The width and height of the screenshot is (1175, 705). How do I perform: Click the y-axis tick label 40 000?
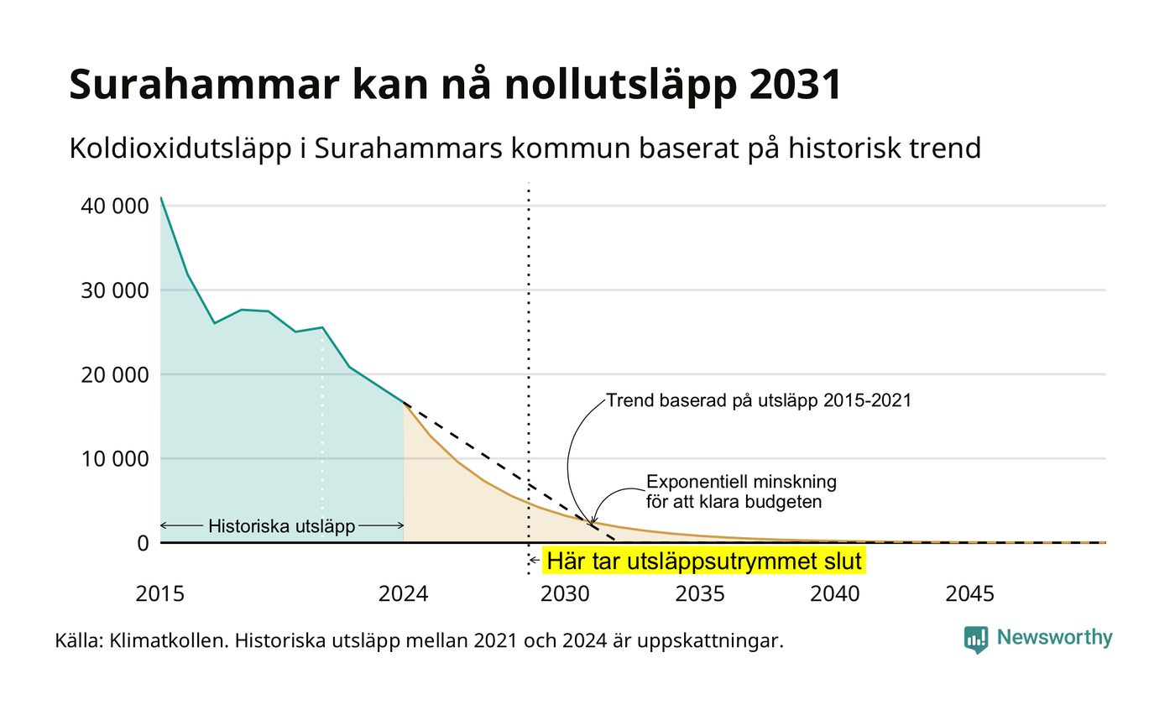click(x=115, y=206)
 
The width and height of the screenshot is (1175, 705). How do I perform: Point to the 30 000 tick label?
click(x=115, y=290)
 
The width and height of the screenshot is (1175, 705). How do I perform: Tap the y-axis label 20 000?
click(x=115, y=375)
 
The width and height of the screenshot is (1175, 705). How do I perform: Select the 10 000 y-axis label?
click(x=115, y=459)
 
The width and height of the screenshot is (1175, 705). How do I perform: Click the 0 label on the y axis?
click(x=144, y=544)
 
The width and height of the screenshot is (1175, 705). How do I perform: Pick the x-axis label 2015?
click(x=160, y=594)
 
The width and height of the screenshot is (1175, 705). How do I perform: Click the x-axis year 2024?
click(x=404, y=594)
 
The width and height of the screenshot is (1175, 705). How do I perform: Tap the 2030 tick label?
click(x=565, y=594)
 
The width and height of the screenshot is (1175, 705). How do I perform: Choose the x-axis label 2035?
click(x=700, y=594)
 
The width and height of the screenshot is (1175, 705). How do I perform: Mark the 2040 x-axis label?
click(x=835, y=594)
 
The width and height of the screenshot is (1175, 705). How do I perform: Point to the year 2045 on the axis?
click(x=970, y=594)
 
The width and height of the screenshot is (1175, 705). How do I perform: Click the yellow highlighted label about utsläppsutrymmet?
click(x=704, y=561)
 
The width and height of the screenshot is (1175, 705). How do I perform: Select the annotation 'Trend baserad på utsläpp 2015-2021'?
click(x=759, y=401)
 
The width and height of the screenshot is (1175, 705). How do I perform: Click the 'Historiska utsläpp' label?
click(x=282, y=526)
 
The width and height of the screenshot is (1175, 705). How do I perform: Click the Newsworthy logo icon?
click(x=975, y=640)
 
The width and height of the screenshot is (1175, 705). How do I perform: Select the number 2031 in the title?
click(x=796, y=84)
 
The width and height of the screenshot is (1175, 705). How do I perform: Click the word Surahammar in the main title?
click(x=204, y=84)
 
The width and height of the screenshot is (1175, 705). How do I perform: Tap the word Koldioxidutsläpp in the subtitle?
click(x=180, y=149)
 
